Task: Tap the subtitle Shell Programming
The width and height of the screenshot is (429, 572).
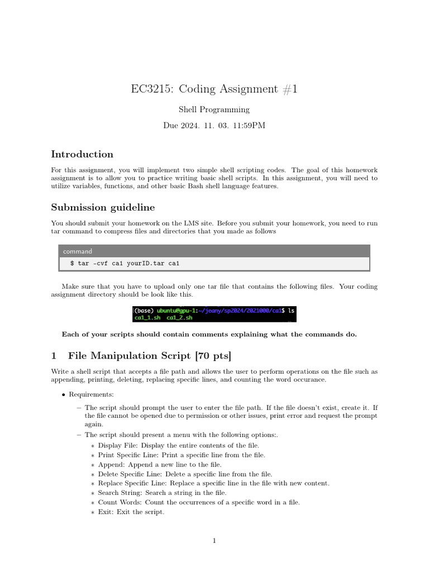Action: coord(214,109)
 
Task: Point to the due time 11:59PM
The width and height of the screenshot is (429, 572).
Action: coord(248,125)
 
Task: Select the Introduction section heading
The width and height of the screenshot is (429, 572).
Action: coord(82,154)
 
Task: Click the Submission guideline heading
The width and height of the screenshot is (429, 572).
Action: coord(103,207)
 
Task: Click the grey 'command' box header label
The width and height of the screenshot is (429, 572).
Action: coord(78,251)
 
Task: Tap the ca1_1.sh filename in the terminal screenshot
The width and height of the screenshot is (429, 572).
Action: coord(147,317)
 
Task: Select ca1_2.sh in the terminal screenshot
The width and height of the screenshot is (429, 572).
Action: coord(179,317)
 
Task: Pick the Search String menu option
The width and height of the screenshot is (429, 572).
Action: coord(120,493)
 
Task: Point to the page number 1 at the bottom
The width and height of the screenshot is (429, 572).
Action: coord(214,540)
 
